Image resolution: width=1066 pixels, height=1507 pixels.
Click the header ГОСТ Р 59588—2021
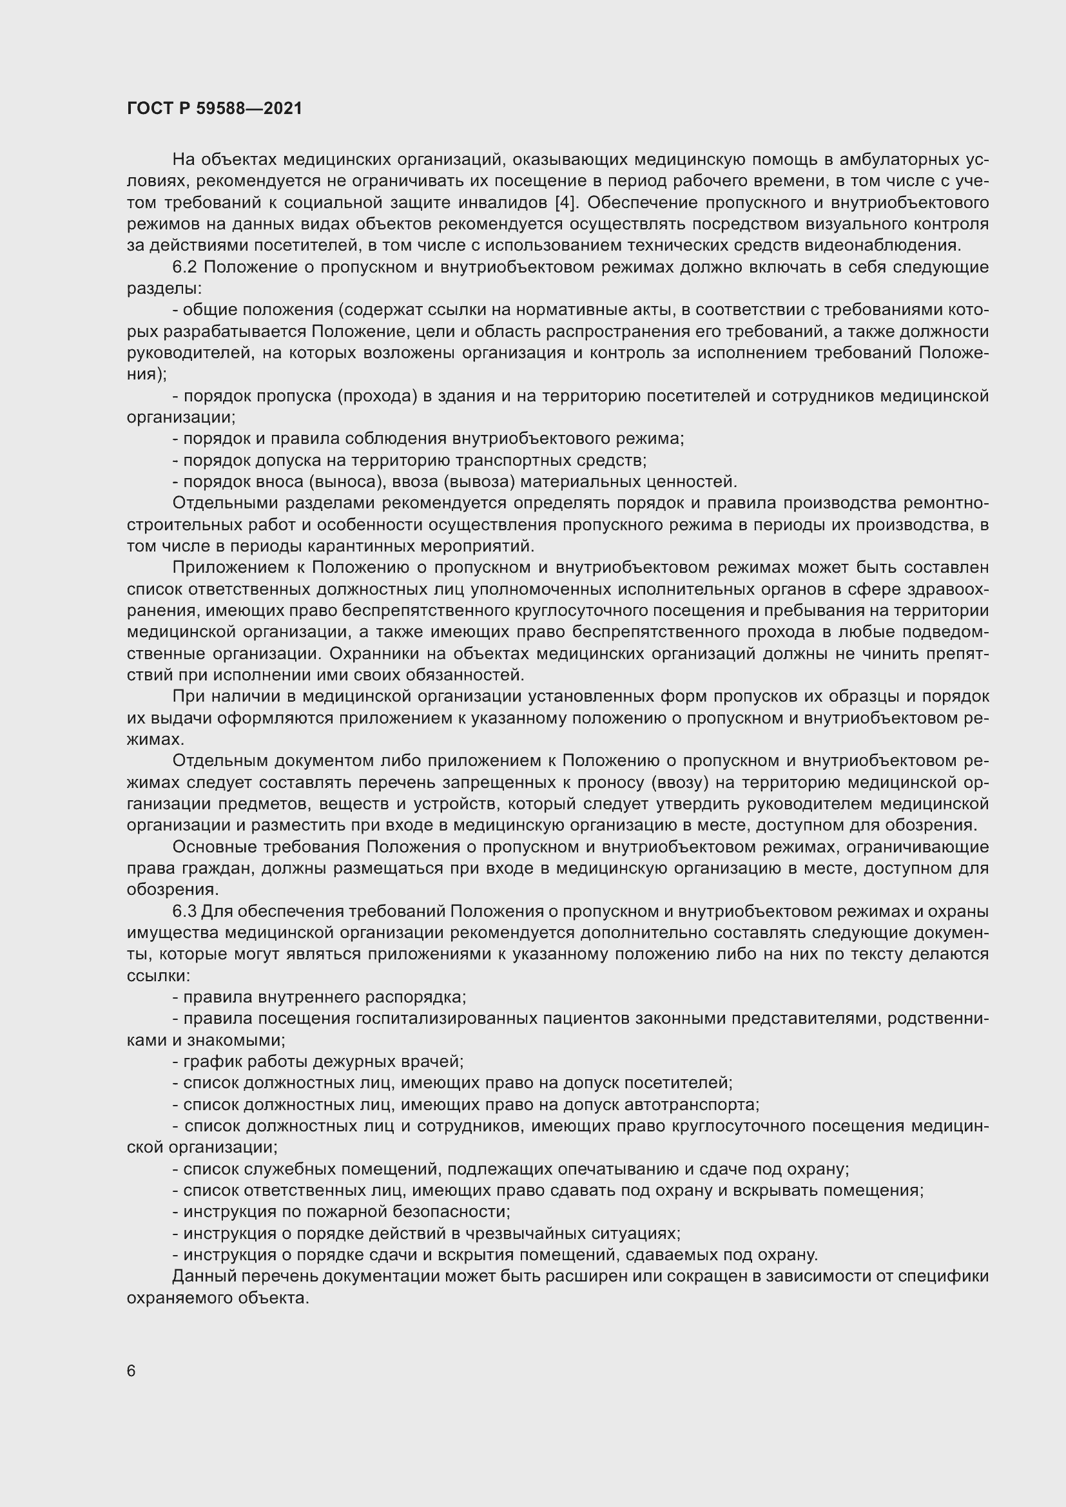[x=214, y=108]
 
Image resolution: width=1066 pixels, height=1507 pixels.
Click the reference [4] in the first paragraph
[x=564, y=202]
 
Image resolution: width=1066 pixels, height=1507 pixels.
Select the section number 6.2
[x=187, y=267]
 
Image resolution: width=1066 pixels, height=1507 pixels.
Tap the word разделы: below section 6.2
[x=165, y=288]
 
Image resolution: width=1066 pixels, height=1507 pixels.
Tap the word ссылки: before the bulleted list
[x=158, y=975]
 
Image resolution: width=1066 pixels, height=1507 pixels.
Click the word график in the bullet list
[x=209, y=1062]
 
